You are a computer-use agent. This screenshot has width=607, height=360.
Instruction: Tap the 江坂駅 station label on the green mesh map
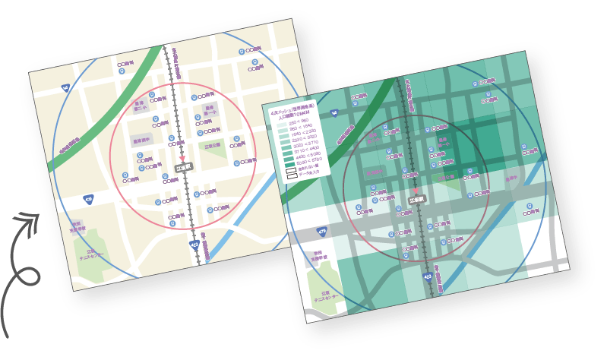[416, 201]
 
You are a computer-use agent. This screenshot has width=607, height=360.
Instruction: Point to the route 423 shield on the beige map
[194, 245]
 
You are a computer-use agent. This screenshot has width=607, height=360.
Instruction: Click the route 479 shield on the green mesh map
[321, 230]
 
